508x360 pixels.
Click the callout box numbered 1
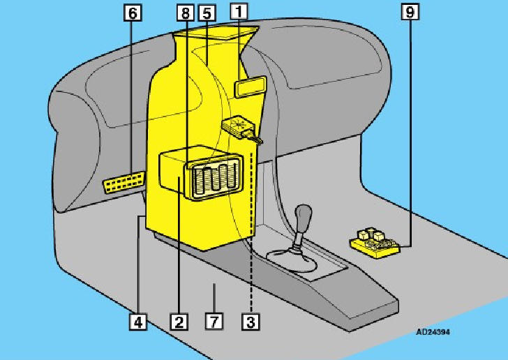239,12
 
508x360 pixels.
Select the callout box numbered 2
179,322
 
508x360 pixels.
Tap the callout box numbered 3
251,322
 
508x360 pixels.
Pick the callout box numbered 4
137,322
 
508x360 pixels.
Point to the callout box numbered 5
207,13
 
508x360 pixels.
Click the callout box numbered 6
133,13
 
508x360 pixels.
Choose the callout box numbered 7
214,322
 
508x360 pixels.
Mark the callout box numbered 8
186,13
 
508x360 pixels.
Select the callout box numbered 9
410,12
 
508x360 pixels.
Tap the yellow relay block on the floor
375,243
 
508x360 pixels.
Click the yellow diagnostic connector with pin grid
124,182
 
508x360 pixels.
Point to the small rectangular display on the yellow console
250,87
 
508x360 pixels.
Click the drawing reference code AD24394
433,332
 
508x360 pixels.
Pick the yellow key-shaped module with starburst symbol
241,130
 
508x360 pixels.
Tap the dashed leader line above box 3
251,232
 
